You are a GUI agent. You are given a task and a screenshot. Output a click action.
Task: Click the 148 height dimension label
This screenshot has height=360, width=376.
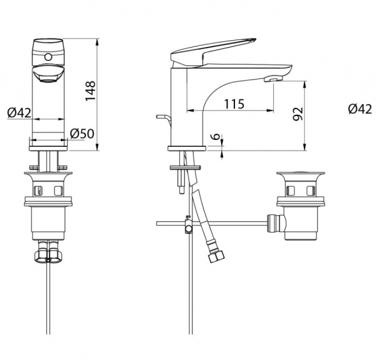pyautogui.click(x=91, y=91)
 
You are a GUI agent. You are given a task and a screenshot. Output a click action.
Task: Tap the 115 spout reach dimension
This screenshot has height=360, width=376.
pyautogui.click(x=234, y=104)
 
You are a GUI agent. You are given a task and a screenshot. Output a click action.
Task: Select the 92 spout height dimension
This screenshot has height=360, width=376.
pyautogui.click(x=298, y=114)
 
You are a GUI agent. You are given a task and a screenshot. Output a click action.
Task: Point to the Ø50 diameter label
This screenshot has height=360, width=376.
pyautogui.click(x=82, y=134)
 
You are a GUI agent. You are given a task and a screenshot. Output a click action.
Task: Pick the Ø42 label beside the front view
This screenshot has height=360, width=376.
pyautogui.click(x=19, y=112)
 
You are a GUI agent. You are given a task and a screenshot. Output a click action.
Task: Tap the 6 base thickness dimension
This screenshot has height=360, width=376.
pyautogui.click(x=216, y=136)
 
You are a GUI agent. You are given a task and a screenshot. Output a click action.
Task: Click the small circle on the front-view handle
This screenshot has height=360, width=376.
pyautogui.click(x=48, y=57)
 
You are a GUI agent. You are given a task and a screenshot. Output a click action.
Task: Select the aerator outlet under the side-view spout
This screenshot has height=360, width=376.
pyautogui.click(x=273, y=79)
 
